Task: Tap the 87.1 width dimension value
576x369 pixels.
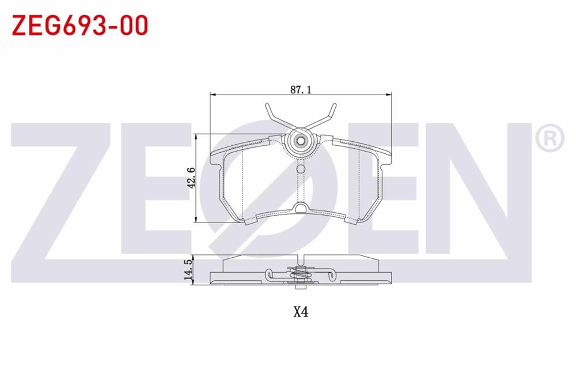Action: pos(301,89)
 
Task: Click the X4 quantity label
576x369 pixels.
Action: pos(301,312)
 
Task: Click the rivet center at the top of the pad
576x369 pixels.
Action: pos(300,141)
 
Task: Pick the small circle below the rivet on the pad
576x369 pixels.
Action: pos(300,169)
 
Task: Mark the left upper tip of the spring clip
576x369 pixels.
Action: pos(267,105)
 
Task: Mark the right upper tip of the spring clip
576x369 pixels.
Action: pos(333,105)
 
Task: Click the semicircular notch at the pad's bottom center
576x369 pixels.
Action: pos(300,208)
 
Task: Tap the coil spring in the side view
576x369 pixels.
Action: pos(300,275)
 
